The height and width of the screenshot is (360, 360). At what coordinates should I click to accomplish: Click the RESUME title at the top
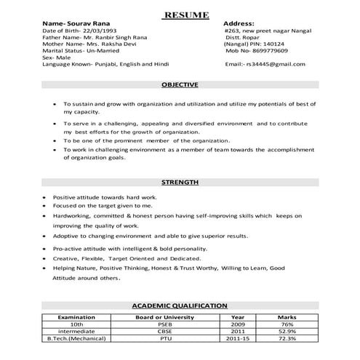(186, 15)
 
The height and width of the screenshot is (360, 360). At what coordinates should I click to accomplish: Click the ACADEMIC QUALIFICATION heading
(180, 306)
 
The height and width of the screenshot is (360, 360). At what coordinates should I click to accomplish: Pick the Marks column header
(287, 318)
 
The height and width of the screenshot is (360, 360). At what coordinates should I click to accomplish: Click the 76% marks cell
(287, 325)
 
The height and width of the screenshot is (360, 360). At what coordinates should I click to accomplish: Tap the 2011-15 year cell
(239, 339)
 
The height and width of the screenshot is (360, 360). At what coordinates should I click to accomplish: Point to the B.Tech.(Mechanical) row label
(76, 339)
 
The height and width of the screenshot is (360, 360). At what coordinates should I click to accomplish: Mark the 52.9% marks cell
(287, 332)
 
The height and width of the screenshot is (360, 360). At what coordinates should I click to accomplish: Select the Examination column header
(76, 318)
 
